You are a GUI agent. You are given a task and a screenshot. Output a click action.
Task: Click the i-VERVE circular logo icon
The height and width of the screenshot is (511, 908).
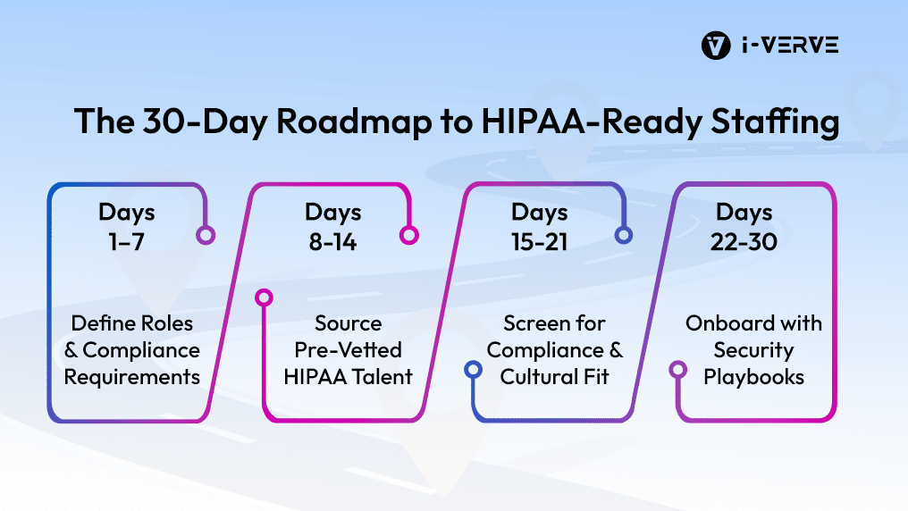pos(716,46)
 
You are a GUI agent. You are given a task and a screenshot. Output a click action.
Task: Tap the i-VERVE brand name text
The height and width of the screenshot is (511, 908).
pos(790,46)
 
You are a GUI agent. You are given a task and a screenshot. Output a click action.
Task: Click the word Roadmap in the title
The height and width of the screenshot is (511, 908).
pos(354,121)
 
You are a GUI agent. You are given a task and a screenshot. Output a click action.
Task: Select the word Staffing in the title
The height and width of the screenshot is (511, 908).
pos(776,121)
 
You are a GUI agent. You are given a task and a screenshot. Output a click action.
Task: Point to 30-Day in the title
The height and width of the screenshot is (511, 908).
pos(205,121)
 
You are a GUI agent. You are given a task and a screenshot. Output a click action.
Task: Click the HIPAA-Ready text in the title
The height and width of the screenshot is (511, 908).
pos(592,121)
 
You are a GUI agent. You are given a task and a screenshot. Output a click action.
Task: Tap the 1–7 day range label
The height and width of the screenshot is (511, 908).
pos(126,242)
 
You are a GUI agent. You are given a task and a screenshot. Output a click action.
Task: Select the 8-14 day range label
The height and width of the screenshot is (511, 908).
pos(332,242)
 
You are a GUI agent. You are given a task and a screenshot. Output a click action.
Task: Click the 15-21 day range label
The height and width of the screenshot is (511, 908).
pos(539,242)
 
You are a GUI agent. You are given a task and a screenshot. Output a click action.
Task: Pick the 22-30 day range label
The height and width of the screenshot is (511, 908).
pos(744,242)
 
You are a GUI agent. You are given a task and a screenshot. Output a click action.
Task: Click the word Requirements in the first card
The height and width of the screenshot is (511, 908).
pos(132,377)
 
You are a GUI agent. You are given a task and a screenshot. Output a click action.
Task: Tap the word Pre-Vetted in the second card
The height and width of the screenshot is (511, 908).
pos(348,350)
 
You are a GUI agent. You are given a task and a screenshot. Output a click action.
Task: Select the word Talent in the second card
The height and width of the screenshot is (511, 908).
pos(383,377)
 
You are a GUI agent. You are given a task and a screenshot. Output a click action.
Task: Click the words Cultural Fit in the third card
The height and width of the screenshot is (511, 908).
pos(554,377)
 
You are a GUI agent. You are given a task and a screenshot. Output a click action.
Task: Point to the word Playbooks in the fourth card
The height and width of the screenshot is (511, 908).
pos(754,377)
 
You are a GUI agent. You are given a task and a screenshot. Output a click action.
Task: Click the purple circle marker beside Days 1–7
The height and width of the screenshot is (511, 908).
pos(206,235)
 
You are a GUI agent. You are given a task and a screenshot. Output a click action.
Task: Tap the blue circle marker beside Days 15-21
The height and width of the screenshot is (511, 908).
pos(623,235)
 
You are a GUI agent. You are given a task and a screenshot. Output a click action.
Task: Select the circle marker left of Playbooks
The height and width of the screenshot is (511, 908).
pos(678,369)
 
